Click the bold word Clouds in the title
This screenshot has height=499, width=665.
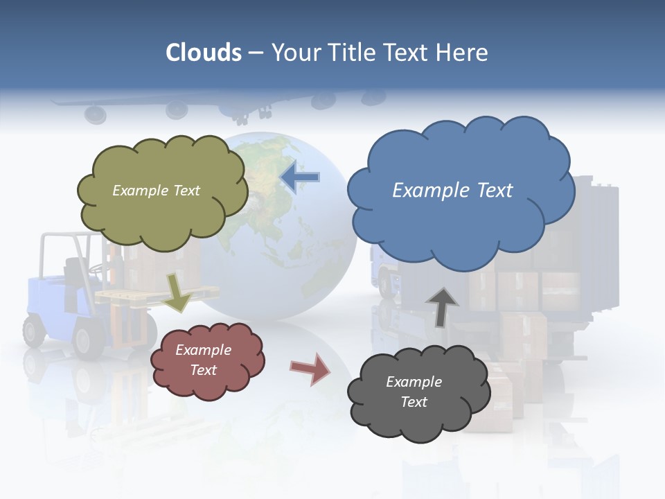click(204, 52)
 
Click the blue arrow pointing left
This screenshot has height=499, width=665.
click(301, 177)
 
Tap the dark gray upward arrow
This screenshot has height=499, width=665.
click(442, 307)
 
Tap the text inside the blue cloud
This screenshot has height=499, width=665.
click(452, 190)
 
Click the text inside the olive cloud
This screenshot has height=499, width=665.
click(156, 190)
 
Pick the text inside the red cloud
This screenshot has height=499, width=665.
click(203, 360)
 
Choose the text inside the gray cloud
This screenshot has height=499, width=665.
click(414, 392)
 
